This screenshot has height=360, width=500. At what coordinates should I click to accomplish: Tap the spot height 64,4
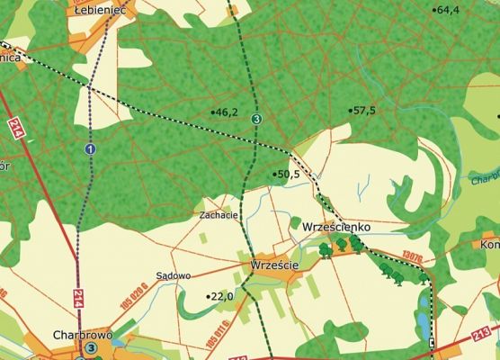tap(447, 10)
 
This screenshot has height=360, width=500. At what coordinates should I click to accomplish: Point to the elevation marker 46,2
tap(226, 112)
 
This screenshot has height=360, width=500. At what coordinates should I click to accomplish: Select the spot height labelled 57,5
tap(363, 110)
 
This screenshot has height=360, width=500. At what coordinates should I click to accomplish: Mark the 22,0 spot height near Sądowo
tap(221, 296)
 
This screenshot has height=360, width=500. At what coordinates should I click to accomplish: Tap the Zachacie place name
tap(219, 216)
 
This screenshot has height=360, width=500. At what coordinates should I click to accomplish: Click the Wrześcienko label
tap(337, 228)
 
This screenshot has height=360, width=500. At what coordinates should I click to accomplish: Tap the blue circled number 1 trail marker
tap(90, 148)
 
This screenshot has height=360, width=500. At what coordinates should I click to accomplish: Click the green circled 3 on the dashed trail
tap(256, 119)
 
